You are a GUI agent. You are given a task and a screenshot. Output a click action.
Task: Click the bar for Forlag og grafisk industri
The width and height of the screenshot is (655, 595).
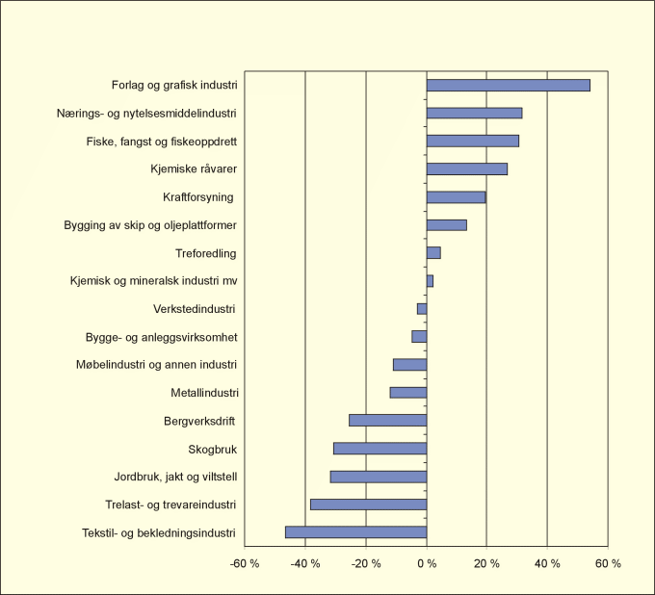[508, 85]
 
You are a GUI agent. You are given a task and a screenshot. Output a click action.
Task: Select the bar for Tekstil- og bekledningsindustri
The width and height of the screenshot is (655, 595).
[355, 532]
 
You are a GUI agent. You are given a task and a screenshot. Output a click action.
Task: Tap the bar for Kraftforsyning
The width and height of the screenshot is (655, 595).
[456, 197]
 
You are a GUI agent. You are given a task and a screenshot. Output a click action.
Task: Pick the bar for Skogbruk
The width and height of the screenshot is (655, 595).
[380, 449]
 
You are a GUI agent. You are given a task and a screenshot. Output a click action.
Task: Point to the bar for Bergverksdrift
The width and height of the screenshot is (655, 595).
[387, 421]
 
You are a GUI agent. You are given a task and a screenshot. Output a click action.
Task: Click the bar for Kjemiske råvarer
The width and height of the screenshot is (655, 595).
[466, 169]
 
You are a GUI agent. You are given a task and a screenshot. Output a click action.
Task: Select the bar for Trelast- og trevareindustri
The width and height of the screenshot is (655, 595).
[368, 504]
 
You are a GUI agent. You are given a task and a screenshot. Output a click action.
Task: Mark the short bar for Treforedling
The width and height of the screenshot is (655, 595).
[433, 253]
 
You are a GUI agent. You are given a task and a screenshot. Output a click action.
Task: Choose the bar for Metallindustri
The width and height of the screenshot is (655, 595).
[407, 393]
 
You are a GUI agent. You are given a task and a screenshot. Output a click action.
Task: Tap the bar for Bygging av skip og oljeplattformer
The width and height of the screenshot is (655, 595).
[446, 225]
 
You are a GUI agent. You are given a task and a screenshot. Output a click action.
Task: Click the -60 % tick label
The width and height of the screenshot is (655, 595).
[247, 563]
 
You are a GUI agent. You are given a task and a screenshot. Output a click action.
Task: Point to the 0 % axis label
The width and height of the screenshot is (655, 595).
[427, 563]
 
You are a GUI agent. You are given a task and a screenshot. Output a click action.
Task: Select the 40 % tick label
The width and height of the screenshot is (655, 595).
[547, 563]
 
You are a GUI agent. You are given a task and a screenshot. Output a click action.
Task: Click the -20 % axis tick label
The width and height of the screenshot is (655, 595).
[367, 563]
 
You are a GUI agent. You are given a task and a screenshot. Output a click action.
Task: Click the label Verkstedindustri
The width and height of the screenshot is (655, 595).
[196, 309]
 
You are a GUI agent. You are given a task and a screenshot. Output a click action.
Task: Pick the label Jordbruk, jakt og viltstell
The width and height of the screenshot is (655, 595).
[175, 477]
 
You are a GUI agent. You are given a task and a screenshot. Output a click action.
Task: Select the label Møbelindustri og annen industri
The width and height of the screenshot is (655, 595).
[156, 365]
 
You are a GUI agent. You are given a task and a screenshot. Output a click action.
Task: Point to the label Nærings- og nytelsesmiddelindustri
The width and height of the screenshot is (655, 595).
[146, 114]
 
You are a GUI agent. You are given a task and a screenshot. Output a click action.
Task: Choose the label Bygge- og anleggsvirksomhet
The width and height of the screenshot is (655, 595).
[162, 337]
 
